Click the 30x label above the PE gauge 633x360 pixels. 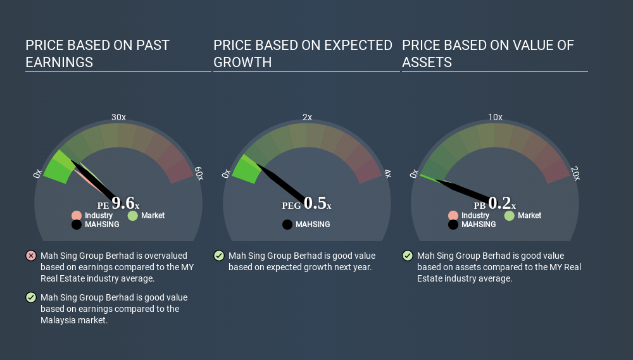118,117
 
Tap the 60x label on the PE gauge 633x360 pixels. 199,173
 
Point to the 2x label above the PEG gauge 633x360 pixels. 307,117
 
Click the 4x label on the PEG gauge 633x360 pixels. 387,173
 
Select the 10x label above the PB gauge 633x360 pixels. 496,117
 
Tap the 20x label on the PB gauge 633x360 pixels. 575,173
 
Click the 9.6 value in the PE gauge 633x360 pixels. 123,202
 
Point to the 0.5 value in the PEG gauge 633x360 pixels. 315,202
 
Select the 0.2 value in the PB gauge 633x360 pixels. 499,202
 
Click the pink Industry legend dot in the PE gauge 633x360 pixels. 77,216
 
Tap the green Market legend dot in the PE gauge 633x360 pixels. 133,216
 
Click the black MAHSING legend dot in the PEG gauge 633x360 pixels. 287,225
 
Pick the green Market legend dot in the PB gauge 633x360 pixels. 510,216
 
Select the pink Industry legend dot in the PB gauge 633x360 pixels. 453,216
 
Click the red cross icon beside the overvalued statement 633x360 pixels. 30,256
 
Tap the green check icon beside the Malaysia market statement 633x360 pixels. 30,297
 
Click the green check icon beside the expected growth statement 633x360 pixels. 219,256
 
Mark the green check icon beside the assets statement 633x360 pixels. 407,256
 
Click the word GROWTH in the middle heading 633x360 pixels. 242,62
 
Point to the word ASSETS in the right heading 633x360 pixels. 427,62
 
